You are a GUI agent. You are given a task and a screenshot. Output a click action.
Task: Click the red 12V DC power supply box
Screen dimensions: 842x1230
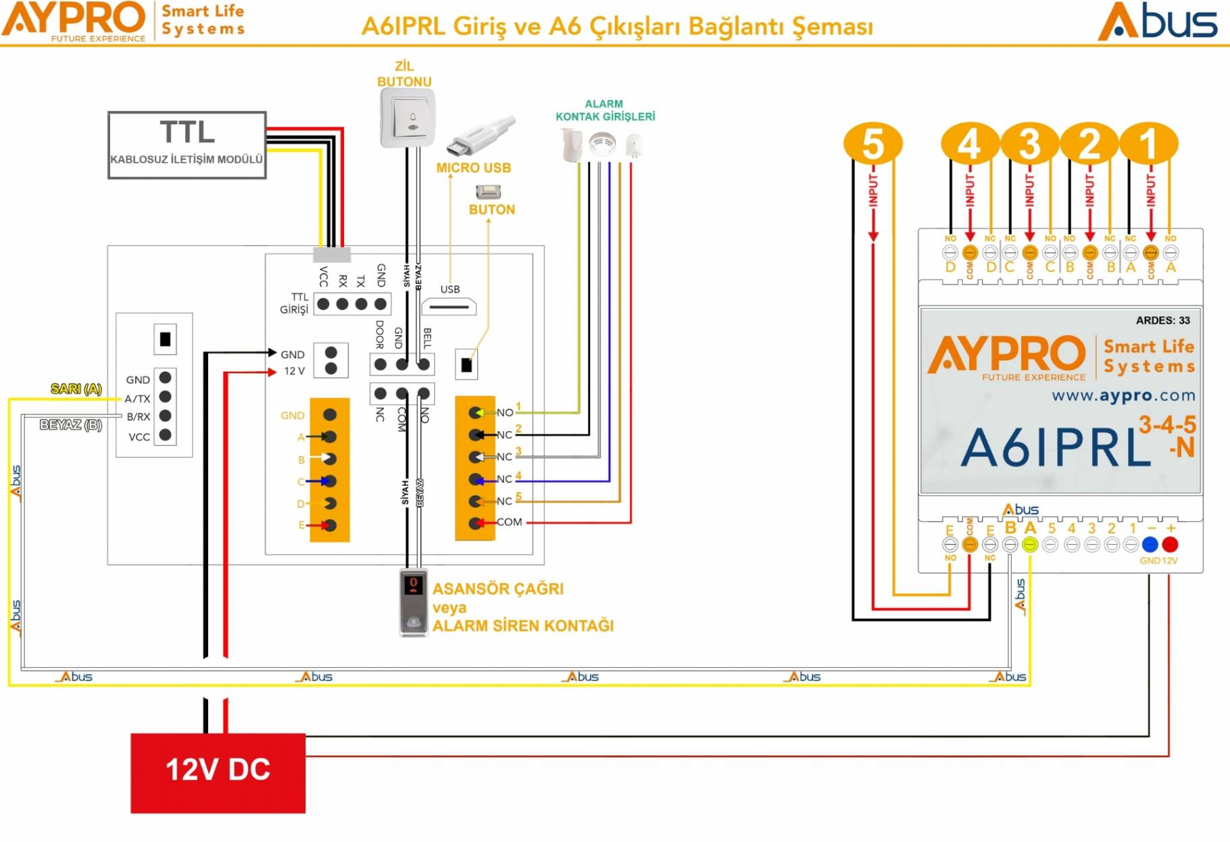(x=218, y=772)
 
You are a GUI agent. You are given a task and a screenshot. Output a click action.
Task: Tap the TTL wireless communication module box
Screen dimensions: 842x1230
(x=187, y=145)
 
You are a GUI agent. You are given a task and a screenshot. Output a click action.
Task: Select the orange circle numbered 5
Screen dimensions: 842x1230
(x=872, y=143)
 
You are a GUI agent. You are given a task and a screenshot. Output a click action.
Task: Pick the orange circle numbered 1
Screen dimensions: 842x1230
(x=1149, y=143)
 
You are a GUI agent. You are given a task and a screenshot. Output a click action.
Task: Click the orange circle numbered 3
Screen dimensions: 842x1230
(x=1029, y=143)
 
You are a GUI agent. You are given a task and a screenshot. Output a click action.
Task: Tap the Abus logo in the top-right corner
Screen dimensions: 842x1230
(x=1157, y=22)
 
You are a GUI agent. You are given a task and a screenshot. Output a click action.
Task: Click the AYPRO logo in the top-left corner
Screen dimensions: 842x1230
(x=74, y=20)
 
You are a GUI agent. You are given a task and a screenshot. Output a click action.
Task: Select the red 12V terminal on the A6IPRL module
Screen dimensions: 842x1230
(x=1170, y=544)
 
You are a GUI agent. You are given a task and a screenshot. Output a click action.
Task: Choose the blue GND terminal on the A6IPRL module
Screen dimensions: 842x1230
(x=1150, y=544)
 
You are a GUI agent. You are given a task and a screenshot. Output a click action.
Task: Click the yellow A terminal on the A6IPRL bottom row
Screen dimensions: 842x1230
(x=1029, y=545)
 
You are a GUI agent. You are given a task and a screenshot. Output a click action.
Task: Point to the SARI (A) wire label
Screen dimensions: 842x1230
(x=76, y=389)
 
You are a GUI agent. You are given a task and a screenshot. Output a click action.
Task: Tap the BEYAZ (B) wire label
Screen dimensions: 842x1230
(x=70, y=424)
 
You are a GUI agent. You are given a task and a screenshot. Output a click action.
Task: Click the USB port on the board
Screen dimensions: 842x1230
(x=449, y=307)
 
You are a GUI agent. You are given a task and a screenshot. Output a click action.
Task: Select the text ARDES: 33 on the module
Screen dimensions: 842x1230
(x=1162, y=320)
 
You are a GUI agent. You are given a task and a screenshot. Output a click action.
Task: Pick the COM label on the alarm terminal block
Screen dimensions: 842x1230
(x=509, y=522)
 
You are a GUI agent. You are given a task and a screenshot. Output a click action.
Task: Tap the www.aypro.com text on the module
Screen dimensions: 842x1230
(x=1123, y=395)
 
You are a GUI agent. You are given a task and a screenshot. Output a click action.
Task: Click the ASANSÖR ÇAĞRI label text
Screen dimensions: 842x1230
(x=497, y=589)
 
